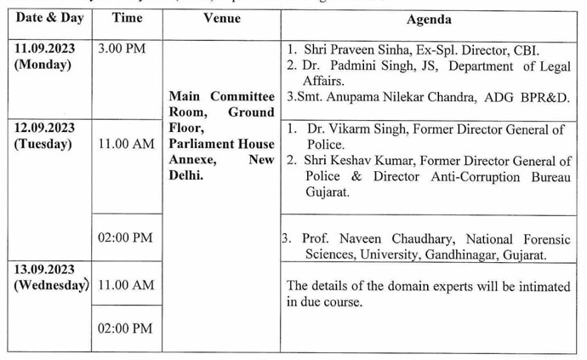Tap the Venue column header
221,19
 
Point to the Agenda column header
430,20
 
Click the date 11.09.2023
44,48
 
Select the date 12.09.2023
44,128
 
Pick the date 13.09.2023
44,268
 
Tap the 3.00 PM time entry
122,49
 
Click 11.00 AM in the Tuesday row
126,145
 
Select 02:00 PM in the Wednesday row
125,328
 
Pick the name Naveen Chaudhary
373,239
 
